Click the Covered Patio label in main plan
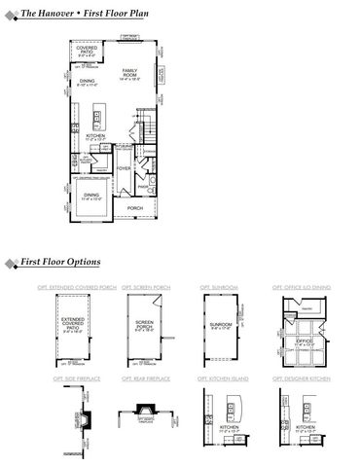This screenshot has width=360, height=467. click(87, 51)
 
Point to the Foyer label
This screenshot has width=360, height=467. click(125, 167)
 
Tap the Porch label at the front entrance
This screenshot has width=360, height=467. click(135, 206)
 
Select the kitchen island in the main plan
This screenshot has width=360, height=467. click(99, 118)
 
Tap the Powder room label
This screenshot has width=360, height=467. click(142, 186)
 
